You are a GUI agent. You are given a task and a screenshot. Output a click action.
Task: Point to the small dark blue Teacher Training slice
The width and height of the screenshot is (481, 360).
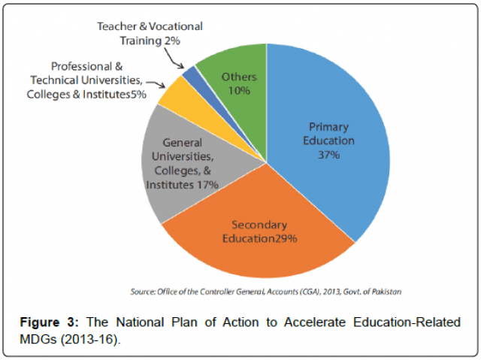pyautogui.click(x=191, y=74)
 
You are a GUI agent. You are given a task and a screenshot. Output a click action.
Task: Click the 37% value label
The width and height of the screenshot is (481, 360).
pyautogui.click(x=330, y=155)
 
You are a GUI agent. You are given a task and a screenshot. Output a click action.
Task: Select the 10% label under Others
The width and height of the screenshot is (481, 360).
pyautogui.click(x=239, y=90)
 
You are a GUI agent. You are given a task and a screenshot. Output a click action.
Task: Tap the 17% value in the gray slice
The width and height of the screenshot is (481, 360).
pyautogui.click(x=204, y=184)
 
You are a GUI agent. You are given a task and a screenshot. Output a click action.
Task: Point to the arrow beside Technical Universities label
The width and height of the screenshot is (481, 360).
pyautogui.click(x=154, y=83)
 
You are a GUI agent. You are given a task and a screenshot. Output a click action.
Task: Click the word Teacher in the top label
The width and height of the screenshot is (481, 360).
pyautogui.click(x=117, y=26)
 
